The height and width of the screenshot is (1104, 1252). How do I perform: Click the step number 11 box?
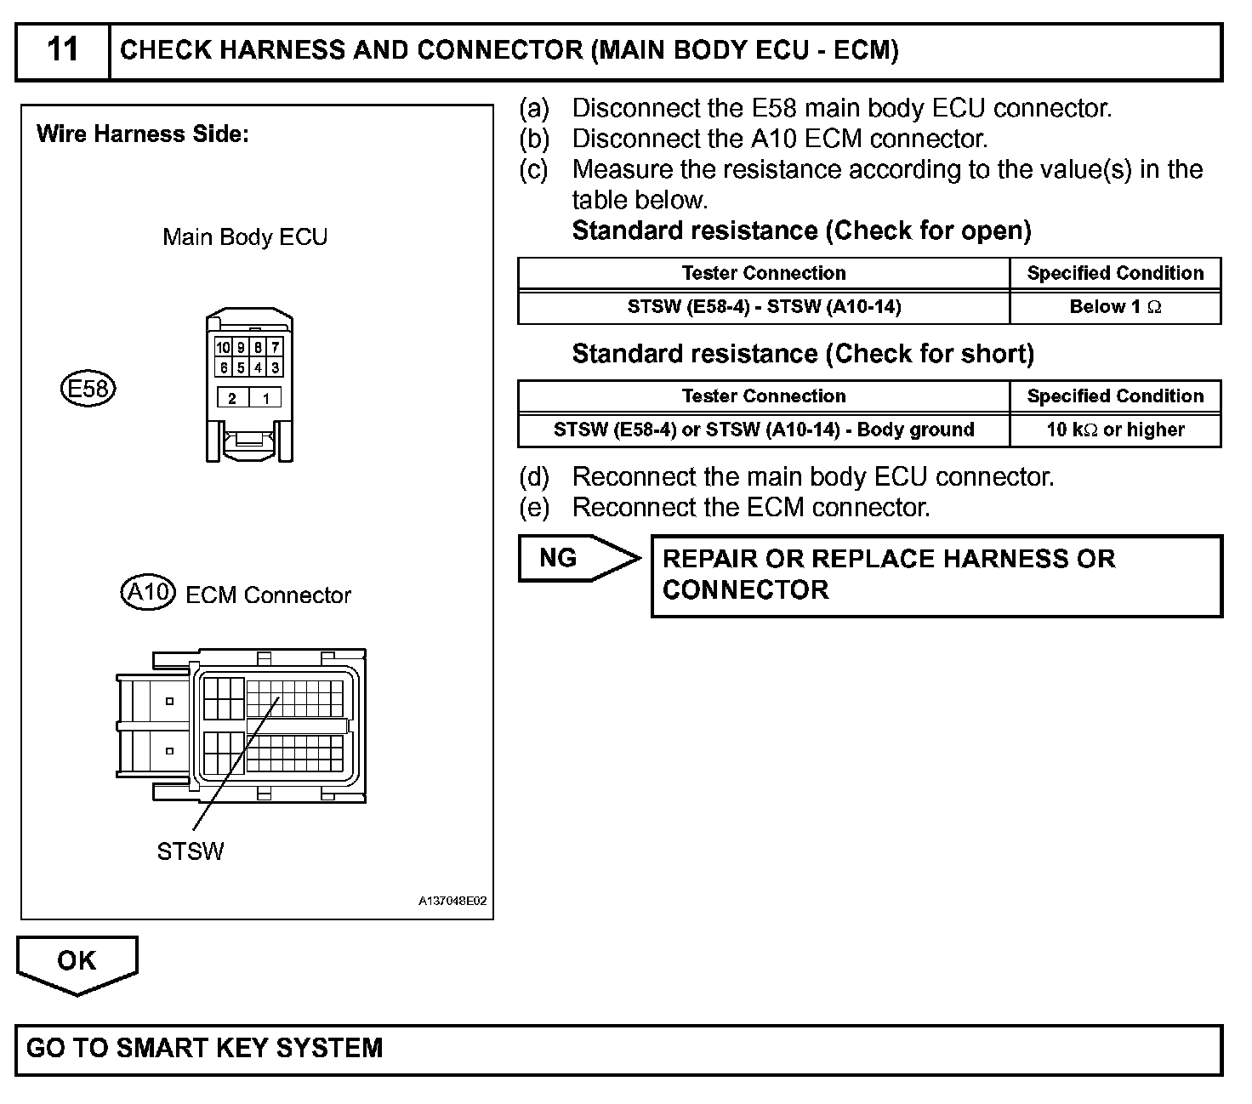coord(63,51)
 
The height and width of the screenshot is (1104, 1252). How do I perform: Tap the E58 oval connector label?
coord(88,390)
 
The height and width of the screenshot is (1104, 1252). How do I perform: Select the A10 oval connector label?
coord(148,593)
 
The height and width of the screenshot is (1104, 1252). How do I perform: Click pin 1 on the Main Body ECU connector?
coord(266,398)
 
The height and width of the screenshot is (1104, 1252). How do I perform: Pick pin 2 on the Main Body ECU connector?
coord(232,398)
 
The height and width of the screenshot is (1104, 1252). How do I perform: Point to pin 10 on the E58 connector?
coord(223,348)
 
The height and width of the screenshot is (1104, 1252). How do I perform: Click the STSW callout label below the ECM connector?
coord(191,851)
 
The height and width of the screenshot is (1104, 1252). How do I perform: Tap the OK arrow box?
coord(77,962)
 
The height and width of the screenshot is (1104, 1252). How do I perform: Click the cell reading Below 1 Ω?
coord(1115,308)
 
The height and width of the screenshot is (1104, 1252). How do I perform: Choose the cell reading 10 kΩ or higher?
coord(1115,430)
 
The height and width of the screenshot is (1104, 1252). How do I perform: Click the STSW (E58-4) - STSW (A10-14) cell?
coord(764,308)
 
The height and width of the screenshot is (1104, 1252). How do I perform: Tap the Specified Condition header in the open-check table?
coord(1115,274)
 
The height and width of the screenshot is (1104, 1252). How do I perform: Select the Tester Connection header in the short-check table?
coord(764,396)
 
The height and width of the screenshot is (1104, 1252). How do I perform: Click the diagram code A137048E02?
coord(452,902)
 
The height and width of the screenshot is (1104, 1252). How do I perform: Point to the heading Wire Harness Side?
coord(143,134)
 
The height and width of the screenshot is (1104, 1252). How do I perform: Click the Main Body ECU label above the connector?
coord(245,236)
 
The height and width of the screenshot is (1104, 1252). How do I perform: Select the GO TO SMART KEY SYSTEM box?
coord(618,1049)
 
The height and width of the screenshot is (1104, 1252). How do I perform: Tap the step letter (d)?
coord(534,477)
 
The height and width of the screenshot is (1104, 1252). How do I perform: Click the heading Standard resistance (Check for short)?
coord(803,354)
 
